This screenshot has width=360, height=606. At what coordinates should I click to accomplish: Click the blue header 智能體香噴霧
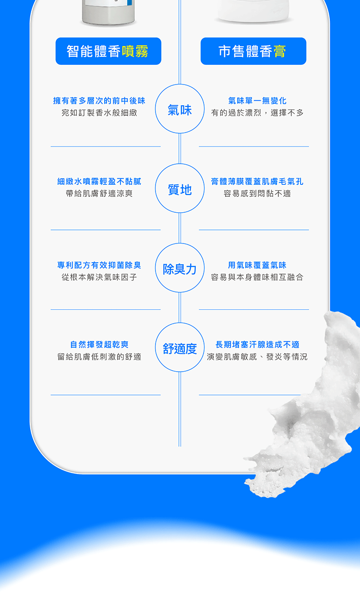[108, 51]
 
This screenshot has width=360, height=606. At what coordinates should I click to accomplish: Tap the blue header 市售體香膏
[253, 51]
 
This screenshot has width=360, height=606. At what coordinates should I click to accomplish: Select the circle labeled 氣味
[180, 109]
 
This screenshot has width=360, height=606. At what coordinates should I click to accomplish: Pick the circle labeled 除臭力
[180, 268]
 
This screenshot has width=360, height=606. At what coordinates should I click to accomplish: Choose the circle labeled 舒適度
[180, 348]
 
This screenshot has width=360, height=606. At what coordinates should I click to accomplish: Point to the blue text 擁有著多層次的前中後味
[99, 101]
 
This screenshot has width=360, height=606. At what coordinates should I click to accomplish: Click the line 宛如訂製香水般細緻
[99, 113]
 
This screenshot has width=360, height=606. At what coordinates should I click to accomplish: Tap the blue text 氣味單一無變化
[257, 101]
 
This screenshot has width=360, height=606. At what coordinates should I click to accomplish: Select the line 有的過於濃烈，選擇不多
[257, 113]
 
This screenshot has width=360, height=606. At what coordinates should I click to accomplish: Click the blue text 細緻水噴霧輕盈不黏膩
[99, 182]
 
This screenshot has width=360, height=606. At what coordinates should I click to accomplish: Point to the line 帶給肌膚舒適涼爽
[99, 194]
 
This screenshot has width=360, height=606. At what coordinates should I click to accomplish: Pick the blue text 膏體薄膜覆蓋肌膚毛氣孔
[257, 182]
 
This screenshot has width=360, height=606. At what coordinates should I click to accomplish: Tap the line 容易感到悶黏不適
[257, 194]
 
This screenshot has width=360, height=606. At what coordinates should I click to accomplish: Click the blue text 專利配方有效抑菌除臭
[99, 265]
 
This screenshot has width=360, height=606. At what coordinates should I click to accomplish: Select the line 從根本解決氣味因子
[99, 277]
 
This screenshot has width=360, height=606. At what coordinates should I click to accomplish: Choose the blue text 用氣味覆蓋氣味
[257, 265]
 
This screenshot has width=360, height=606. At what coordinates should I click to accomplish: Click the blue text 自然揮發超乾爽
[99, 345]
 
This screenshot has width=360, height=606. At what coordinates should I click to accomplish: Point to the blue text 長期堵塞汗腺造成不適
[257, 345]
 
